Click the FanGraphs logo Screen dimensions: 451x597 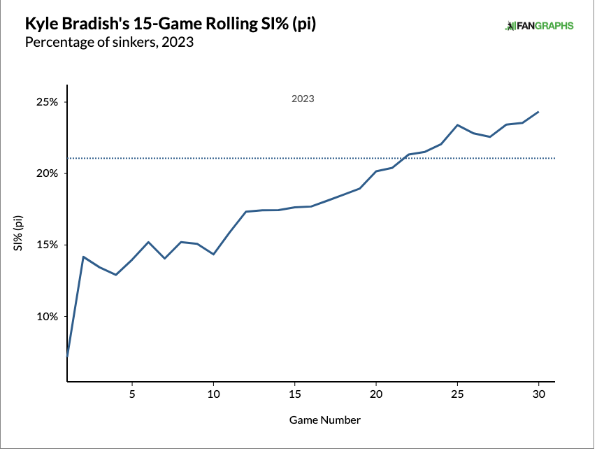tap(539, 26)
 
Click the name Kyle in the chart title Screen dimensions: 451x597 tap(40, 24)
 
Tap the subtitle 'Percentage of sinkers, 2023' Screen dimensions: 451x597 tap(108, 43)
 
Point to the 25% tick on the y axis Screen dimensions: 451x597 tap(48, 102)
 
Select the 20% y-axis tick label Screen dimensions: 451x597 tap(48, 173)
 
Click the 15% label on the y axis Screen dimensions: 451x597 tap(48, 245)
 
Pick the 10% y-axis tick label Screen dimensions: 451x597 tap(48, 316)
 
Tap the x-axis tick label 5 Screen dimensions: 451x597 tap(132, 394)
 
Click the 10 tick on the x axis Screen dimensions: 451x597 tap(213, 394)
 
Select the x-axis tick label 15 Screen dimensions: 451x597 tap(294, 394)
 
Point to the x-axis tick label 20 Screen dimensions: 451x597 tap(376, 394)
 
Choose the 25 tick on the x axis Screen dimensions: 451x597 tap(457, 394)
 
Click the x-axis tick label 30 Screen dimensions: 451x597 tap(538, 394)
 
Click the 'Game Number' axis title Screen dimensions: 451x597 tap(325, 420)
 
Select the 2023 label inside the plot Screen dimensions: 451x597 tap(303, 99)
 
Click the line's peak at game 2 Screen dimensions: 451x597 tap(83, 257)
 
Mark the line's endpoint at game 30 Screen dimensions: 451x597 tap(538, 112)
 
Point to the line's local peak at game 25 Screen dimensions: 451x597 tap(457, 125)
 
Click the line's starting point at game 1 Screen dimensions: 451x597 tap(67, 357)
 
